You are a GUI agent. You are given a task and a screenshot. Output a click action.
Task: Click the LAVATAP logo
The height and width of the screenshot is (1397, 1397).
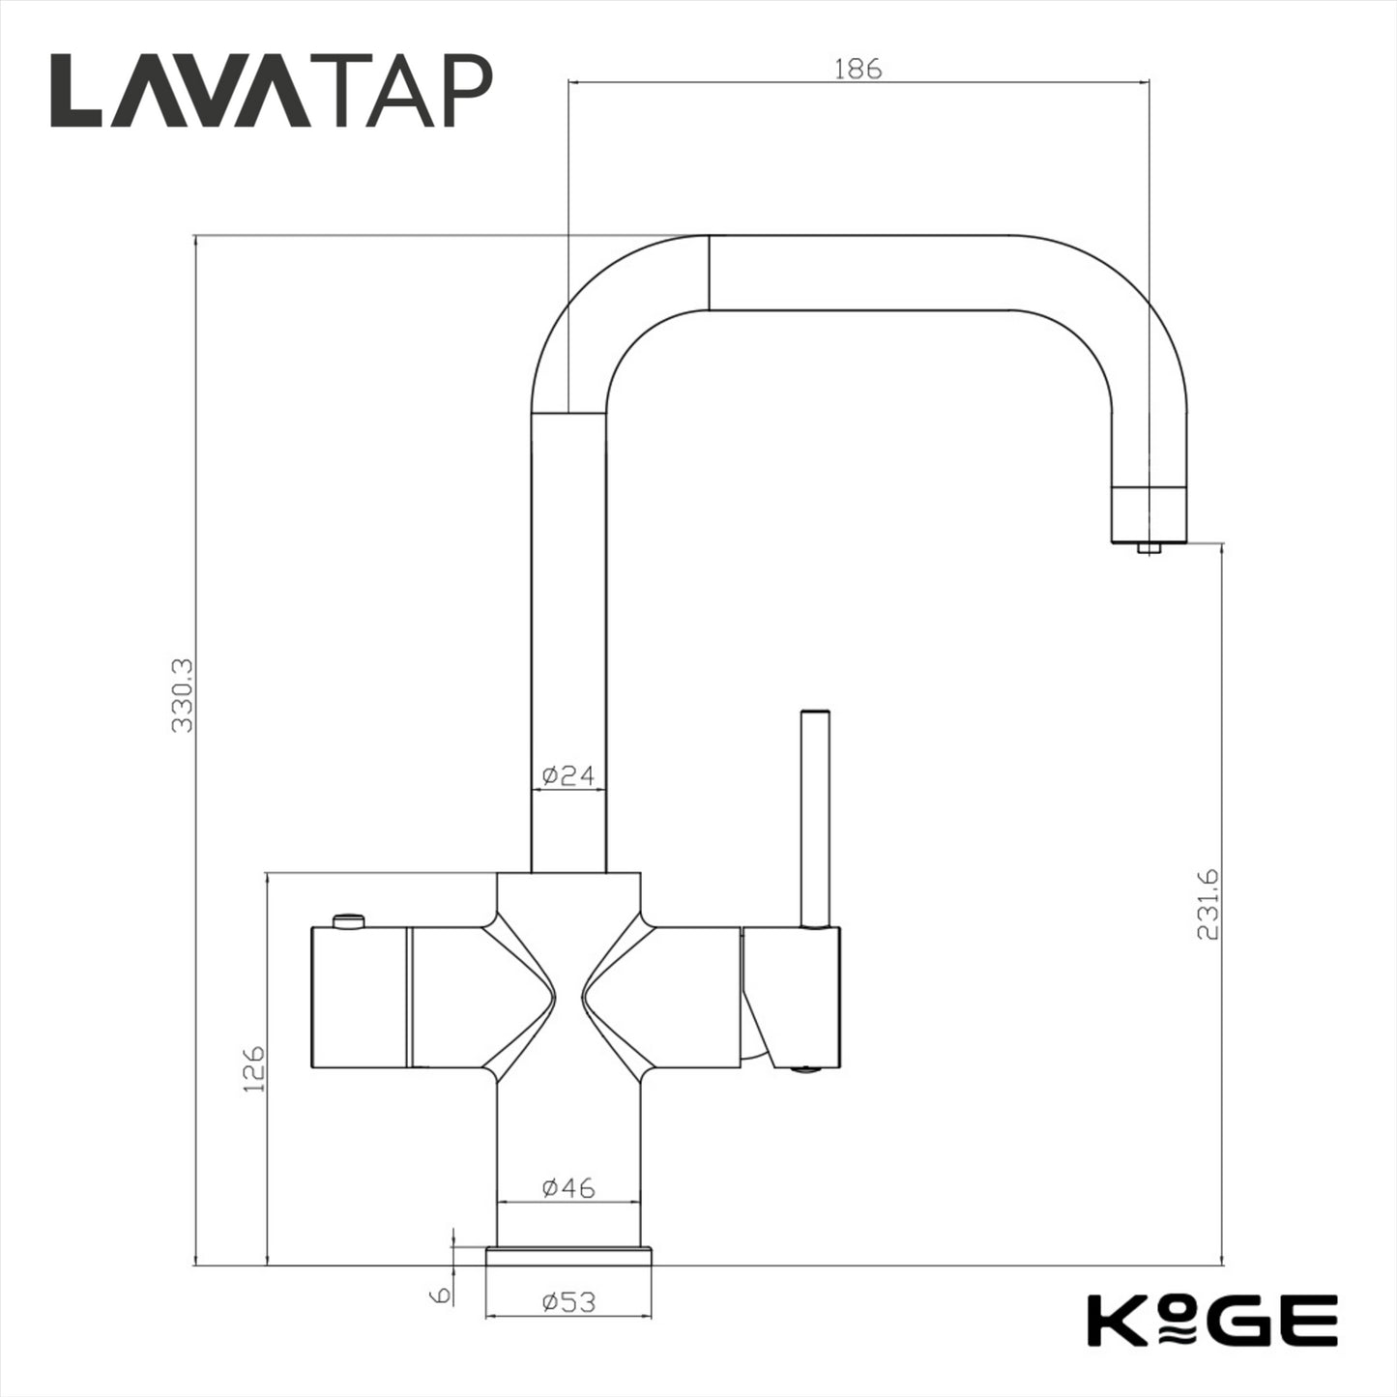point(272,91)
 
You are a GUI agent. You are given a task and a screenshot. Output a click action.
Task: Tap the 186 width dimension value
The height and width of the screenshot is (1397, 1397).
point(858,69)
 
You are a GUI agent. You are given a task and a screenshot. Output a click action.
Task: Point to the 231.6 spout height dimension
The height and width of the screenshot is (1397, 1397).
point(1208,903)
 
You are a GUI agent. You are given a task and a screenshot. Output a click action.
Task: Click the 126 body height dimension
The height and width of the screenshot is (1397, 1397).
point(253,1068)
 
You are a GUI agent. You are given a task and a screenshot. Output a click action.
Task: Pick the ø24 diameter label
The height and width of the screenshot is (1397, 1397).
point(568,775)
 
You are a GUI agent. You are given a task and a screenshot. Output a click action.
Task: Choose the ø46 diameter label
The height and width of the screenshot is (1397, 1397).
point(568,1187)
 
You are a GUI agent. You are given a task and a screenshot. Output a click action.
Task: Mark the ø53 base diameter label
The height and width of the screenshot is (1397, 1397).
point(568,1302)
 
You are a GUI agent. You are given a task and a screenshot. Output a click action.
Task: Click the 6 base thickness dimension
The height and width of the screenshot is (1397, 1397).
point(442,1295)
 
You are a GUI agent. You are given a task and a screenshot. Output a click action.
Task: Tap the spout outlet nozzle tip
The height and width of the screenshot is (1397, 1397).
point(1149,549)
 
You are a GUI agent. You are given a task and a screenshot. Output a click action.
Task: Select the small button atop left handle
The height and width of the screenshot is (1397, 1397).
point(347,919)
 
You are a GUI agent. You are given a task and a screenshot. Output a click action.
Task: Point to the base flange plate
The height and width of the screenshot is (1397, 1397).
point(568,1255)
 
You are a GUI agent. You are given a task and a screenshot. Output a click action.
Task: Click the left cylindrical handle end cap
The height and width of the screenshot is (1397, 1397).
point(359,997)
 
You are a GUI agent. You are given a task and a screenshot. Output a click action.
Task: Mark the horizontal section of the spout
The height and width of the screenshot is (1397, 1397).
point(860,273)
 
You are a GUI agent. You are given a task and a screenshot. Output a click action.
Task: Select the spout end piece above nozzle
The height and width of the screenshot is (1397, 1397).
point(1149,513)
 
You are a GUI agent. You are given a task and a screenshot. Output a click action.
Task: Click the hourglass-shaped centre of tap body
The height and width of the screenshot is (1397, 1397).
point(568,996)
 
